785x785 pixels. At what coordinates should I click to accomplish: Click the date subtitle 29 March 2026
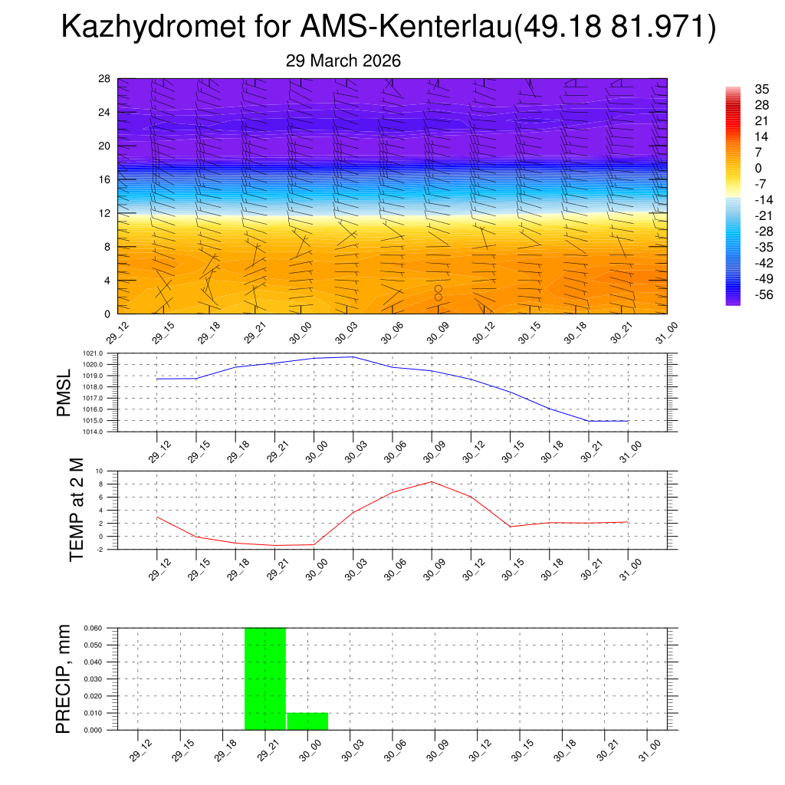coord(343,61)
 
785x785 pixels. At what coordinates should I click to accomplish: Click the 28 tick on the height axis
coord(104,79)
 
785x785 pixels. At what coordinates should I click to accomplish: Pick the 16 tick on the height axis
coord(104,179)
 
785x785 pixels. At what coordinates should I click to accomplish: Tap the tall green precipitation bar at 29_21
coord(265,678)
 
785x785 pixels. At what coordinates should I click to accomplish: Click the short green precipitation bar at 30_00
coord(307,721)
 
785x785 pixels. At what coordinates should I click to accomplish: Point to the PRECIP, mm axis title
coord(63,679)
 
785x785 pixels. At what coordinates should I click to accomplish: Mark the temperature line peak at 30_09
coord(432,481)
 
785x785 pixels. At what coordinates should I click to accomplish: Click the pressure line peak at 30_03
coord(352,356)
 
